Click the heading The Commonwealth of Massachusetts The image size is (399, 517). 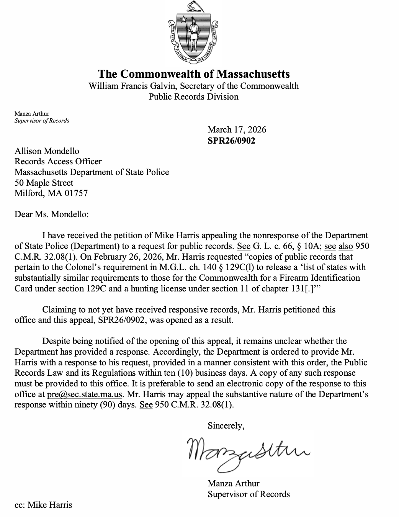[194, 74]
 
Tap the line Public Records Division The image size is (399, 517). [193, 97]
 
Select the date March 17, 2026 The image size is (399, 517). [237, 129]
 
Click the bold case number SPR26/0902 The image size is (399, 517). [231, 141]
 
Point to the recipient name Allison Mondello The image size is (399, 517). [47, 151]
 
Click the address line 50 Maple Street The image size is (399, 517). [44, 183]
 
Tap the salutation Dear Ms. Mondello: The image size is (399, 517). [51, 214]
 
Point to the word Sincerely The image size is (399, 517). [226, 425]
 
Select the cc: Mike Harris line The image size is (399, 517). [43, 505]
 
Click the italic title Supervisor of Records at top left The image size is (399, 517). [42, 121]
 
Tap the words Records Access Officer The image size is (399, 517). [58, 162]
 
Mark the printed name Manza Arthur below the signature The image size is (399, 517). [234, 483]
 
